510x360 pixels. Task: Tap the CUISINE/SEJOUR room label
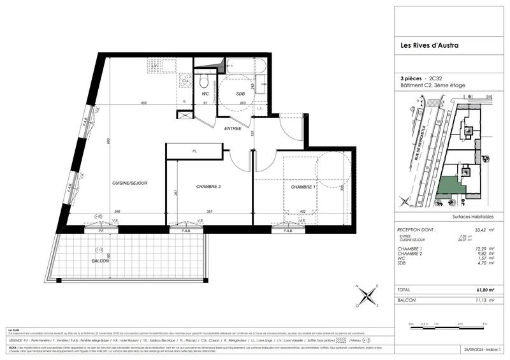click(130, 183)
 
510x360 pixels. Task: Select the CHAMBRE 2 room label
click(208, 187)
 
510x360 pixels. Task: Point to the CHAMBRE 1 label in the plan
click(303, 187)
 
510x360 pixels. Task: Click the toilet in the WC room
click(204, 82)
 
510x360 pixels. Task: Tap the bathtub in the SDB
click(243, 65)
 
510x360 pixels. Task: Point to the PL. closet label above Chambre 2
click(194, 151)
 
